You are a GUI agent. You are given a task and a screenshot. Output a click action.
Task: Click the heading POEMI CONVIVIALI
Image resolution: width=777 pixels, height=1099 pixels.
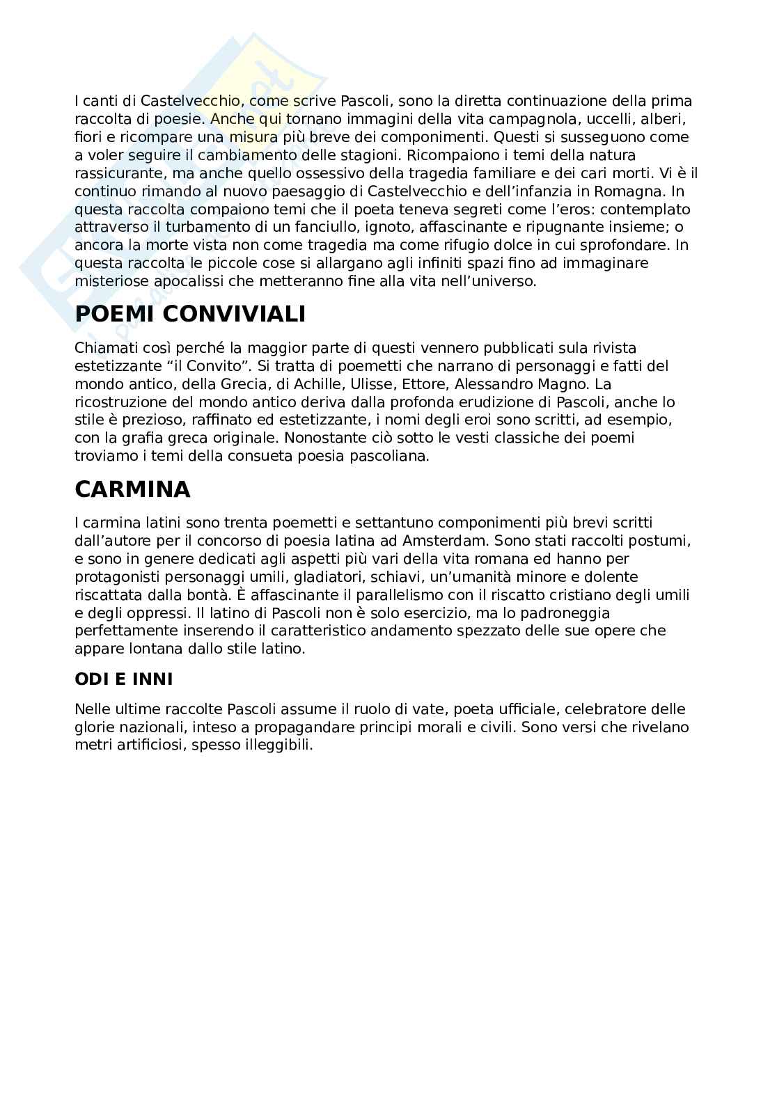pos(190,315)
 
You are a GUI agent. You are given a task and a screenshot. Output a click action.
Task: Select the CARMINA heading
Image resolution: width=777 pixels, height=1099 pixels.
pos(132,489)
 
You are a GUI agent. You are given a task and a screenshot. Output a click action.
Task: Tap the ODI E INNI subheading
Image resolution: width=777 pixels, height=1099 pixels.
pos(124,679)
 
